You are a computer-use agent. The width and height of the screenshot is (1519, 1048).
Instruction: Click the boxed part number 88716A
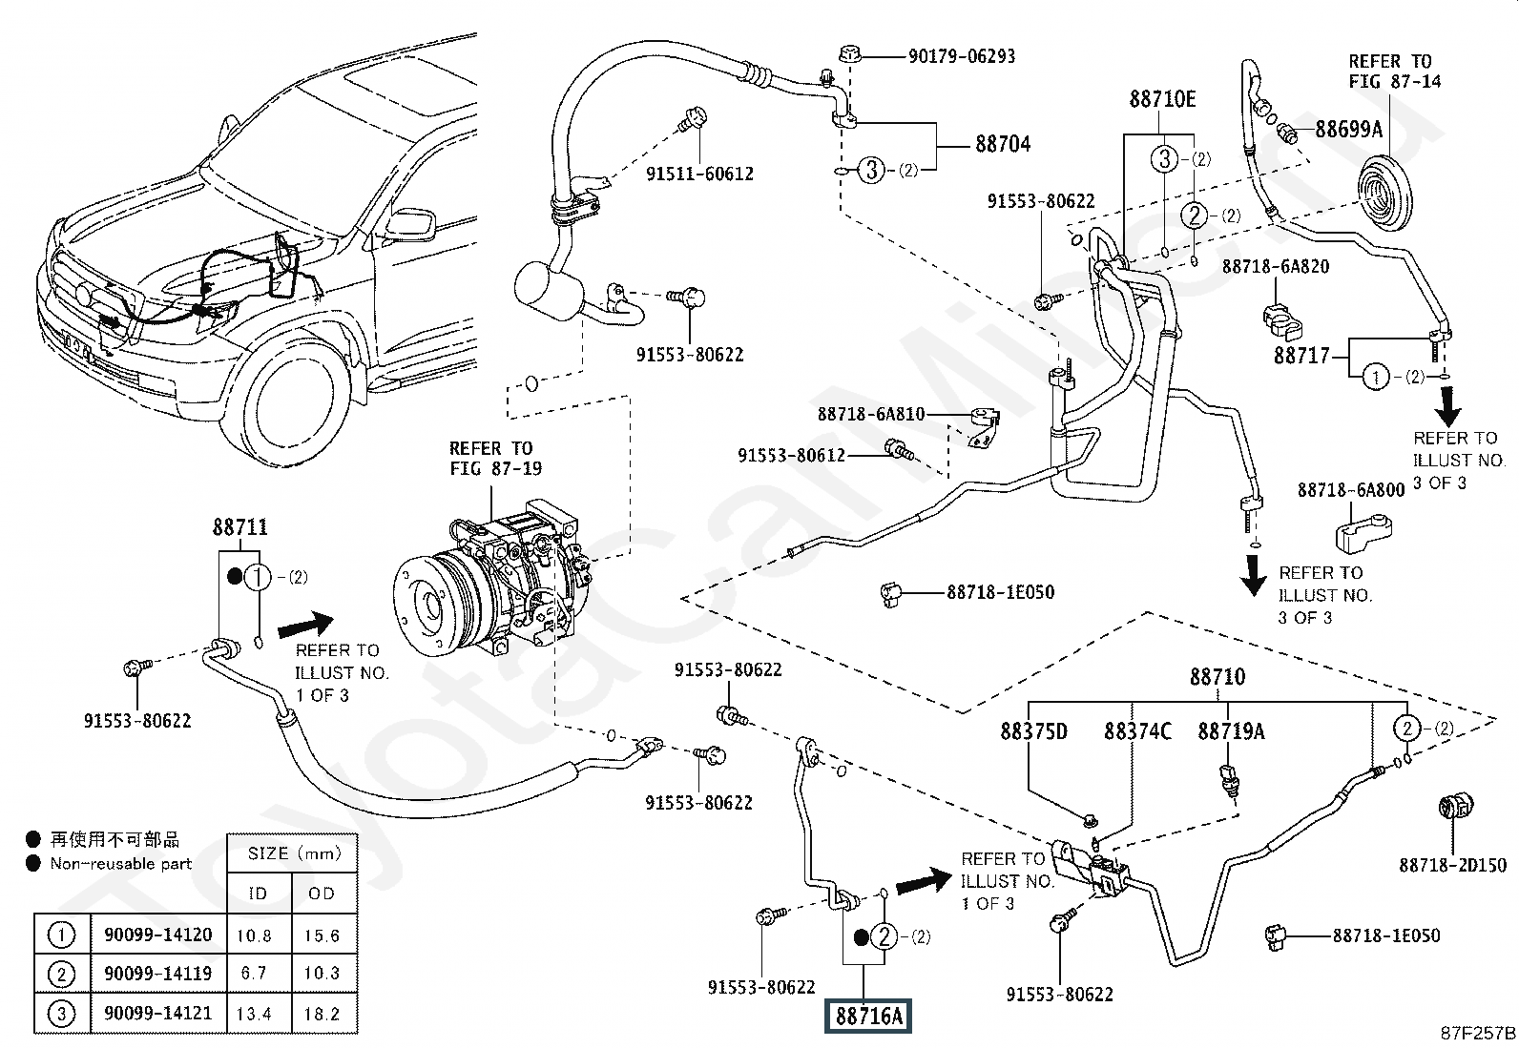click(868, 1017)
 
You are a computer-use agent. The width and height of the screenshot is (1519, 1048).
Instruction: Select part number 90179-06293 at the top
click(961, 56)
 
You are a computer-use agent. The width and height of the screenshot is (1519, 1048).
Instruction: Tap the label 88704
click(1003, 145)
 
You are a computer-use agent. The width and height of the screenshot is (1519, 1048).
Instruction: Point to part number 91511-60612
click(699, 174)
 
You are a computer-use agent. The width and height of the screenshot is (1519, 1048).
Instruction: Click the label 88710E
click(1162, 99)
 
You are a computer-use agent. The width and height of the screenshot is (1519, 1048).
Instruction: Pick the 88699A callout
click(1348, 129)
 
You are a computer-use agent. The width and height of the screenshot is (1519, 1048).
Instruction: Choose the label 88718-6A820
click(1276, 267)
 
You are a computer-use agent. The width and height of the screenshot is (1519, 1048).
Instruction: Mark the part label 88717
click(1301, 356)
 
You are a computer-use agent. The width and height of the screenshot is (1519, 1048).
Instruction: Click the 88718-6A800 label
click(1351, 490)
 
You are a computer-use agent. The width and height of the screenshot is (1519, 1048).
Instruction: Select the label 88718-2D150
click(1452, 865)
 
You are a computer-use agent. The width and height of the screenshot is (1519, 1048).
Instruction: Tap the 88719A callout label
click(1231, 731)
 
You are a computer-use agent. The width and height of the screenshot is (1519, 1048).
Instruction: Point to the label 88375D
click(1033, 731)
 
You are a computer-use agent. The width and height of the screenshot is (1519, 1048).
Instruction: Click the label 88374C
click(1137, 731)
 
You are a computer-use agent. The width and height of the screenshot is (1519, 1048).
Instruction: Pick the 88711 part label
click(239, 527)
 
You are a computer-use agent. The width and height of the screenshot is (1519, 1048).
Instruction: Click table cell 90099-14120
click(158, 935)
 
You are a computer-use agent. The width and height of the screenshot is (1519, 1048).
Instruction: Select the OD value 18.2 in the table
click(322, 1014)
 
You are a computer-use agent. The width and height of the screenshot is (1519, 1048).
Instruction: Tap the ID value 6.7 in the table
click(254, 974)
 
